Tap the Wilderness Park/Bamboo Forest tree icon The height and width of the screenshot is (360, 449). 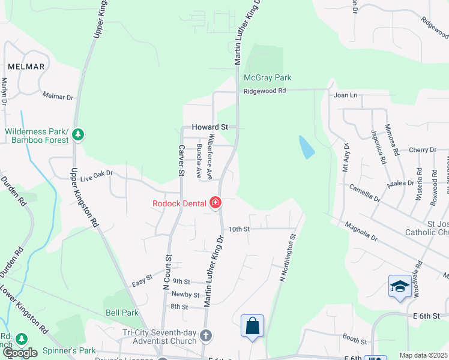pos(77,135)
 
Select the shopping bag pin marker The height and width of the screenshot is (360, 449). pos(253,326)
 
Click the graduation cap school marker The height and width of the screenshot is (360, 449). pos(400,287)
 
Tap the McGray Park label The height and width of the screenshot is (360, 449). pos(267,78)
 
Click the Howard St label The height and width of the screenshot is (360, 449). pos(210,127)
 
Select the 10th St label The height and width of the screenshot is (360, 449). pos(238,229)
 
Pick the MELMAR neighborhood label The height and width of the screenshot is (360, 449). pos(26,67)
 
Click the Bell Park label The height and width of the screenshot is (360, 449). pos(122,313)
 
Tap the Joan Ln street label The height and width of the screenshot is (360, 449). pos(345,95)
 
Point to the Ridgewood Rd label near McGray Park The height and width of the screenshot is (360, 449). pos(265,91)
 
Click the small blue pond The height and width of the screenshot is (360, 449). pos(306,147)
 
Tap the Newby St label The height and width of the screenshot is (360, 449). pos(185,295)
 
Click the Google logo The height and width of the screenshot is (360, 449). pos(20,353)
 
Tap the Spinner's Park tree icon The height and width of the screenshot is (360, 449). pos(22,339)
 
